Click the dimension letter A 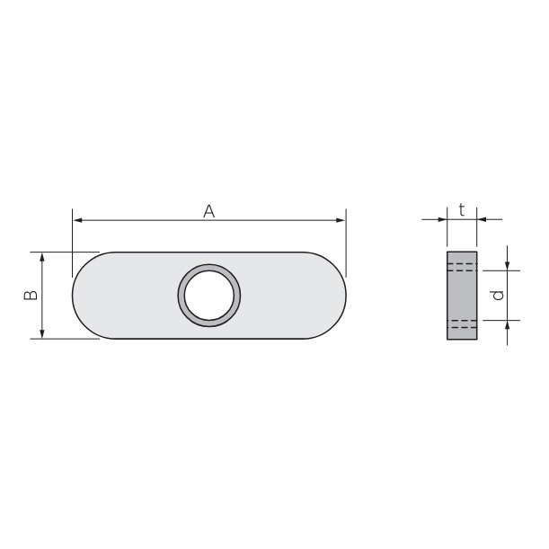209,211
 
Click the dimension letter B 31,295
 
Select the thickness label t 462,210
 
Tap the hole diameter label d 498,295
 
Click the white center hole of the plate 209,295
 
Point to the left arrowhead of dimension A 78,220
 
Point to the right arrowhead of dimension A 341,220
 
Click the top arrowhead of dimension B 42,257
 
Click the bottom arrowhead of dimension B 42,334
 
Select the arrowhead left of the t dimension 443,219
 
